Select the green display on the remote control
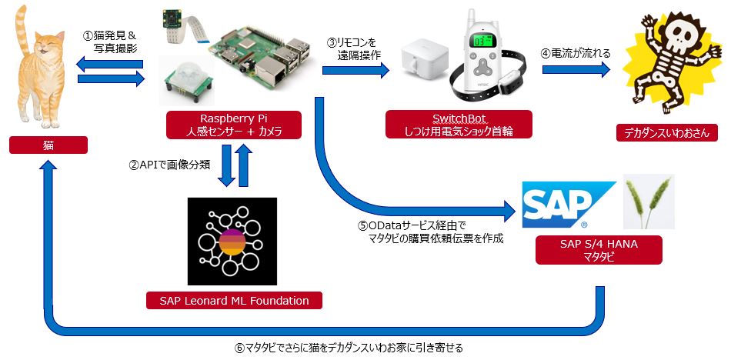point(483,38)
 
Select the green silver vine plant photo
point(649,201)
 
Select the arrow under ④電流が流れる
point(576,70)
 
